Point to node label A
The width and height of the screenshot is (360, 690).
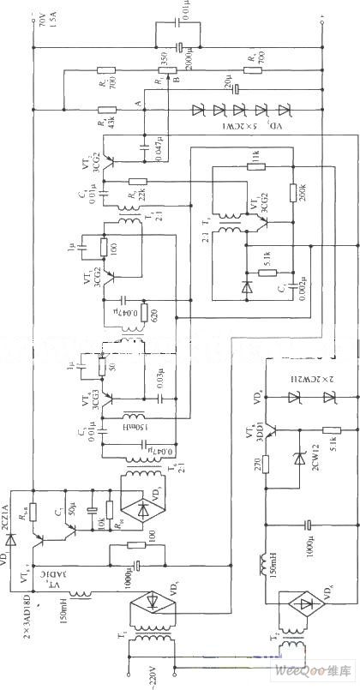[138, 100]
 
